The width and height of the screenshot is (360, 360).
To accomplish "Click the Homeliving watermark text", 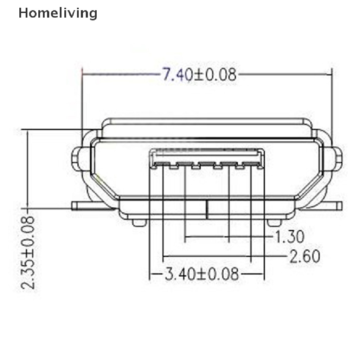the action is [x=58, y=13].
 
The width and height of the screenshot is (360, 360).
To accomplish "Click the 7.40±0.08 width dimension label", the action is [x=199, y=75].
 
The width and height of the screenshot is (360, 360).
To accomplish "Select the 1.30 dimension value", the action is [x=290, y=237].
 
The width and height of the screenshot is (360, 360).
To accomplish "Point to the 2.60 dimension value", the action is [x=305, y=256].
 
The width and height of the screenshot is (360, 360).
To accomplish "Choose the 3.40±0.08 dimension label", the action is [x=202, y=274].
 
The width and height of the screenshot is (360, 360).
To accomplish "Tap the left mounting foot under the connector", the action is [x=140, y=223].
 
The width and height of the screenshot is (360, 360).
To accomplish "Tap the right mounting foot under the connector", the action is [x=274, y=223].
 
